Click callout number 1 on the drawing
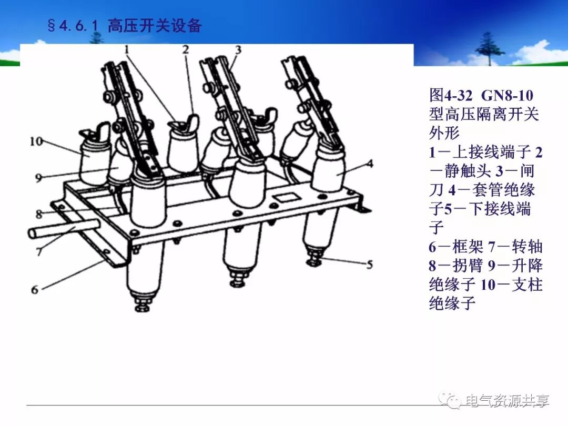(126, 49)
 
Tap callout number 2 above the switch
(186, 49)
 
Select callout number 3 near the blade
(238, 49)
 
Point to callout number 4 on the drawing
(370, 164)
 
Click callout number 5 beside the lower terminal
(370, 265)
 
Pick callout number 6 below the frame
(35, 289)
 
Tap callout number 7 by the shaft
(39, 251)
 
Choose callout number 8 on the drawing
(39, 214)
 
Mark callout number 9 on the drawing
(38, 178)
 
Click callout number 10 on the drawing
(36, 141)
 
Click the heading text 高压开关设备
(155, 26)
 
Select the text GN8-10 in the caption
(507, 96)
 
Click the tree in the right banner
(490, 48)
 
